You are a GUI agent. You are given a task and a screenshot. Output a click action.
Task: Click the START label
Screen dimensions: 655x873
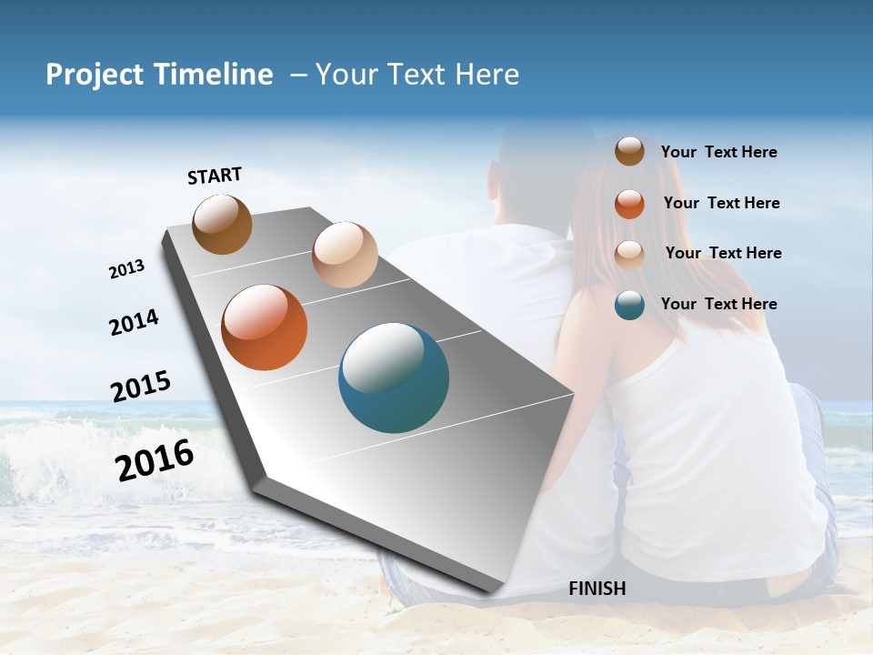pyautogui.click(x=215, y=176)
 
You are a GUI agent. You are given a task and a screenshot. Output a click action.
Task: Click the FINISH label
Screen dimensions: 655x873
pyautogui.click(x=597, y=589)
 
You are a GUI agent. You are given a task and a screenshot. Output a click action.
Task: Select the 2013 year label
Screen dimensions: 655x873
pyautogui.click(x=126, y=269)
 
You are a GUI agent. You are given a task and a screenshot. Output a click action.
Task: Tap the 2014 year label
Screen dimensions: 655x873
pyautogui.click(x=134, y=322)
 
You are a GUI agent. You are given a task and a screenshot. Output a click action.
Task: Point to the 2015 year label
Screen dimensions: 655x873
pyautogui.click(x=141, y=387)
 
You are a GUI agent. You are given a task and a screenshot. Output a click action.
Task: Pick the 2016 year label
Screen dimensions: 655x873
pyautogui.click(x=155, y=460)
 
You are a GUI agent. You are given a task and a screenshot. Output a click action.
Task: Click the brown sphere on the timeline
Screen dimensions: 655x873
pyautogui.click(x=222, y=224)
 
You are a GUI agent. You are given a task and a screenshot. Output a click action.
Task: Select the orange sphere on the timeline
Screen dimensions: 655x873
pyautogui.click(x=264, y=327)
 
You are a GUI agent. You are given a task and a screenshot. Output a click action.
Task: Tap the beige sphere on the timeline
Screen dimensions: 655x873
pyautogui.click(x=345, y=255)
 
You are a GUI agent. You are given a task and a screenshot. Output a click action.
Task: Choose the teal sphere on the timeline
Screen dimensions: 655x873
pyautogui.click(x=394, y=378)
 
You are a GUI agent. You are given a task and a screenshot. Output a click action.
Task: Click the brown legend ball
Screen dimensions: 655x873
pyautogui.click(x=629, y=151)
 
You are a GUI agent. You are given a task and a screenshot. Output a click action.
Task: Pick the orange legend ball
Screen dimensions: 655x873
pyautogui.click(x=629, y=203)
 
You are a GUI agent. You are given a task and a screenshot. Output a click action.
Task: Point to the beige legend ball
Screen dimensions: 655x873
pyautogui.click(x=629, y=254)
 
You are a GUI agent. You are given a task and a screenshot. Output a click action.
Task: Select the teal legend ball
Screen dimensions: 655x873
pyautogui.click(x=629, y=305)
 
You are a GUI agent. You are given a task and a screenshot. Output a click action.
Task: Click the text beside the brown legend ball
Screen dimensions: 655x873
pyautogui.click(x=718, y=152)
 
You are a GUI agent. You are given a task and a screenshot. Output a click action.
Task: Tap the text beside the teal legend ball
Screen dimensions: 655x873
pyautogui.click(x=718, y=304)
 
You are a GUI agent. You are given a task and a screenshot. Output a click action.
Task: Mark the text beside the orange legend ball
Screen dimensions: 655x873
pyautogui.click(x=721, y=203)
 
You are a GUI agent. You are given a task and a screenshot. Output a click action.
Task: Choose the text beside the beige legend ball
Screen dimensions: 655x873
pyautogui.click(x=723, y=253)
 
